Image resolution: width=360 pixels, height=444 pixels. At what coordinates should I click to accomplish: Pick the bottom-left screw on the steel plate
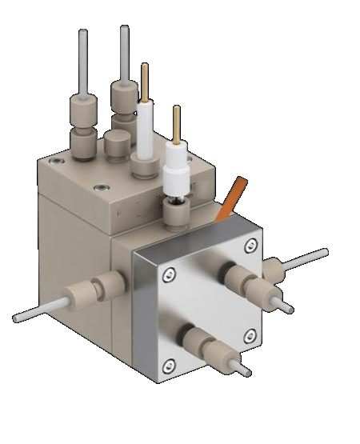pos(168,366)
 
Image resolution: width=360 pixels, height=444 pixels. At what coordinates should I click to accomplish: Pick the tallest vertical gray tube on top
pos(124,52)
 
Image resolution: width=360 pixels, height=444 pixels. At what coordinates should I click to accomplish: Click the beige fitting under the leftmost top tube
pos(82,124)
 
